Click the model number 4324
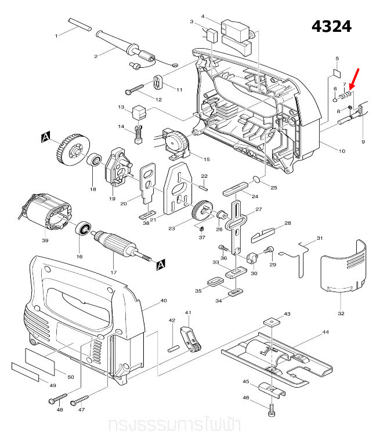331,27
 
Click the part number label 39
45,240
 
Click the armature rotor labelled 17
120,243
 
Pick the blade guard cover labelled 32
344,268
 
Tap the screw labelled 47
79,400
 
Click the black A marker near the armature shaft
161,264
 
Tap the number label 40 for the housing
164,300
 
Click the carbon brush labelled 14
138,135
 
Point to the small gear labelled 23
202,209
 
